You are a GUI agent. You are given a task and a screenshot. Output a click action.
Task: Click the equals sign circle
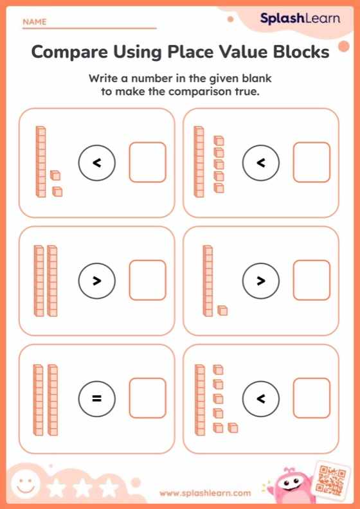coord(96,398)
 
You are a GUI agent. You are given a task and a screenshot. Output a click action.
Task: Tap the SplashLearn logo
coord(300,19)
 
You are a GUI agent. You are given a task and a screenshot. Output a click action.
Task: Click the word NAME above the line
coord(35,22)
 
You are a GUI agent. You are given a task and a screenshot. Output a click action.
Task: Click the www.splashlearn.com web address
coord(204,493)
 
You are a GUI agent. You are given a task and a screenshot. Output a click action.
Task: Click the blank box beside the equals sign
coord(147,398)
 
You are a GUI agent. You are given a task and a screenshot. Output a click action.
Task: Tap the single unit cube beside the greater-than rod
coord(222,310)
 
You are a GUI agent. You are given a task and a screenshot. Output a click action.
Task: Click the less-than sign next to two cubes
coord(96,163)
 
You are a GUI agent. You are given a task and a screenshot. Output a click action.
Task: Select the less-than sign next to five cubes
coord(260,163)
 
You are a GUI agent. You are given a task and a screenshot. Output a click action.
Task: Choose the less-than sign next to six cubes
coord(260,398)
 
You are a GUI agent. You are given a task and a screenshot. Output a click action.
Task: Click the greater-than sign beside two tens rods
coord(96,281)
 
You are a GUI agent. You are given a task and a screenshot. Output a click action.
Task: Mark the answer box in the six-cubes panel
coord(312,398)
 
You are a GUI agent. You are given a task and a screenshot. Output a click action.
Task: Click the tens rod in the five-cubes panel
coord(199,161)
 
